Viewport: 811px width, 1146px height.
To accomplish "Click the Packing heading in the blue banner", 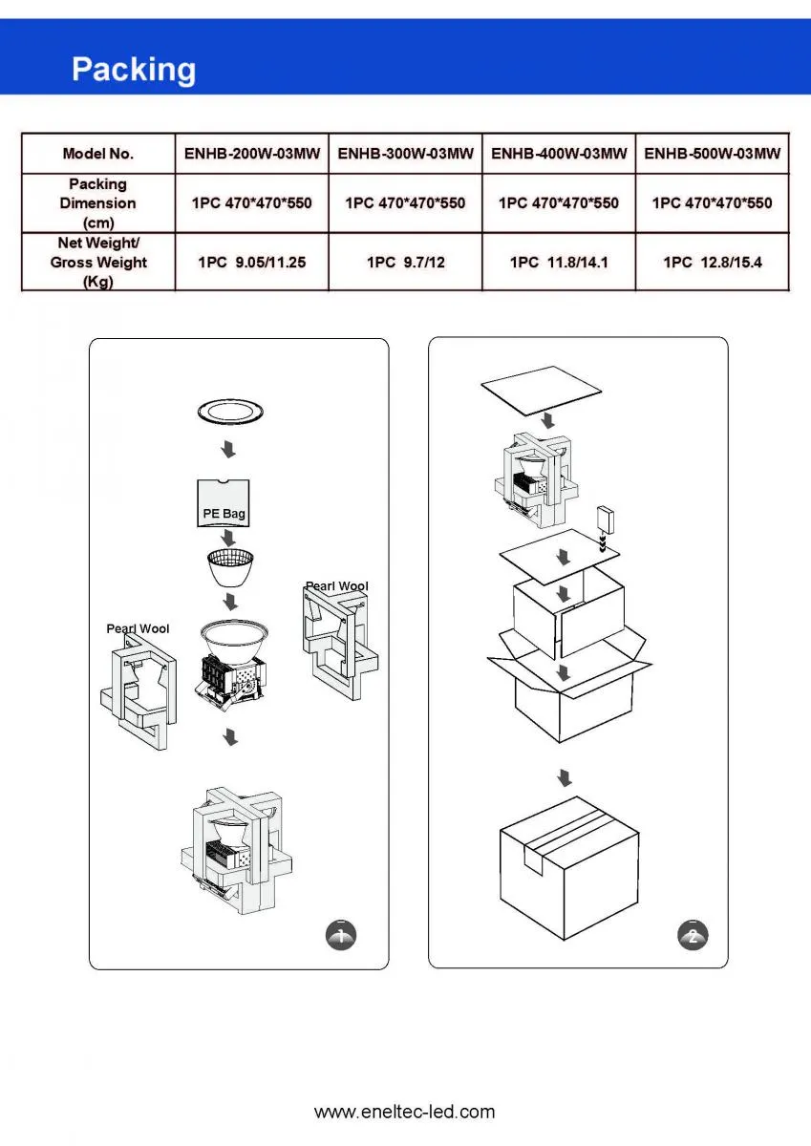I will [x=134, y=70].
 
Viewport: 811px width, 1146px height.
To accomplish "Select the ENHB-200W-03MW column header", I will [x=251, y=153].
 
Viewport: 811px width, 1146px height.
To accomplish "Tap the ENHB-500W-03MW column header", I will [x=713, y=153].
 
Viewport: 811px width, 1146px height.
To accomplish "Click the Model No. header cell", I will [x=98, y=153].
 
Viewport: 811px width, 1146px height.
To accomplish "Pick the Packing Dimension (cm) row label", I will [x=98, y=202].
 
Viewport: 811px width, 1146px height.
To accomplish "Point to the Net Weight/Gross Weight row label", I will [x=98, y=262].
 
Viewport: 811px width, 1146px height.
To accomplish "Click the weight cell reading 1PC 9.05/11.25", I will [x=251, y=262].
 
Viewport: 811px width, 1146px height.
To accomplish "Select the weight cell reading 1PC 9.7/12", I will [x=406, y=262].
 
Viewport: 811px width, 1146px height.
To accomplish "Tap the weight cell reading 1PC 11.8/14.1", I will [x=559, y=262].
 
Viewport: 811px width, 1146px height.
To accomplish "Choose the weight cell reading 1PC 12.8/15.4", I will [x=713, y=262].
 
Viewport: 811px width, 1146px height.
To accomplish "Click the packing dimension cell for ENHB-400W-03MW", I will [x=559, y=202].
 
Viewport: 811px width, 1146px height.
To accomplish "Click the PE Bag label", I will [x=224, y=514].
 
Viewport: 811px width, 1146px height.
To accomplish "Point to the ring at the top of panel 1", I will [x=229, y=413].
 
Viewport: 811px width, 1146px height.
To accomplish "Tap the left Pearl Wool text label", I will [x=138, y=628].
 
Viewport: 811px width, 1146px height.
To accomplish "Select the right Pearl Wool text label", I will [x=336, y=586].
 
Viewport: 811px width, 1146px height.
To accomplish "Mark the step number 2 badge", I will [x=694, y=935].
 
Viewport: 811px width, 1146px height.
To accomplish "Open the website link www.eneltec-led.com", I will [x=405, y=1112].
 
